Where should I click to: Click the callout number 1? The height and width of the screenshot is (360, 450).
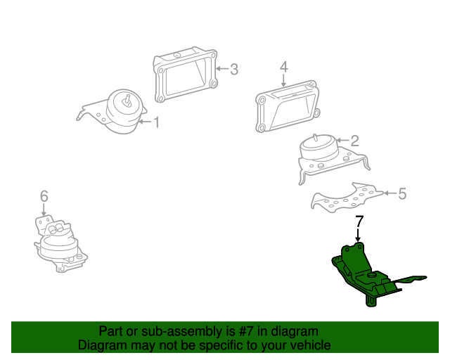tap(156, 122)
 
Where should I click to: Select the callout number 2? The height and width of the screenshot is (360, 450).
tap(354, 141)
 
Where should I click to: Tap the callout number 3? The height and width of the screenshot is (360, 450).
tap(234, 69)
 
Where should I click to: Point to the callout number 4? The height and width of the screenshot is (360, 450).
tap(283, 67)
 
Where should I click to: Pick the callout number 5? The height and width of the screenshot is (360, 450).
tap(402, 193)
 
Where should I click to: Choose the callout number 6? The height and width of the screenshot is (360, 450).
tap(44, 196)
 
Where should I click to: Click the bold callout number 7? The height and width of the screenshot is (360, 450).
tap(359, 221)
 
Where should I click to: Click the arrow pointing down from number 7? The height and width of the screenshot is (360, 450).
tap(358, 235)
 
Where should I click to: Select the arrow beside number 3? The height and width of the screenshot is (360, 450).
tap(222, 69)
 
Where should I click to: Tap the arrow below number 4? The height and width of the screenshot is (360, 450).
tap(283, 80)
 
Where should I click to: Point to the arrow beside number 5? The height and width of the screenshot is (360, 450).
tap(390, 193)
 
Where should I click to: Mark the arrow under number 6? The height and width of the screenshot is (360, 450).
tap(44, 210)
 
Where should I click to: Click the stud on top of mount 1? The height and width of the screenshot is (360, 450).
tap(128, 100)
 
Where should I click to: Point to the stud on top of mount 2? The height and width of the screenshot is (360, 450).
tap(315, 138)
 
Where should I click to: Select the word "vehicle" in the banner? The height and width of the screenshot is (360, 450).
tap(314, 345)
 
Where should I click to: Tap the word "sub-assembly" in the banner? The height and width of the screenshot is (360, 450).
tap(182, 332)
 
